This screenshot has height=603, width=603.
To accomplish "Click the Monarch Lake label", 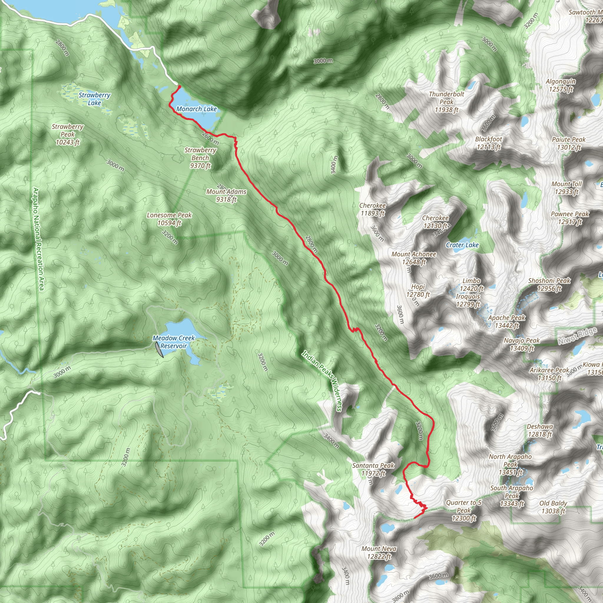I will pos(196,109).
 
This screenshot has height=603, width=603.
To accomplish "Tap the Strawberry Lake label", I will pos(94,99).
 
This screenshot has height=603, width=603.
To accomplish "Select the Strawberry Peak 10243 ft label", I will pos(68,135).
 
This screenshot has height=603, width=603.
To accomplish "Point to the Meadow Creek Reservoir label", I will pos(173,342).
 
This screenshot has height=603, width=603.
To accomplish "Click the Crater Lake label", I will pos(462,245).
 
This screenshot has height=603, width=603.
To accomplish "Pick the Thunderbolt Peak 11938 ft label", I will pos(446,102).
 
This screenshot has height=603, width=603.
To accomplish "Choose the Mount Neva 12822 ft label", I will pos(379,552).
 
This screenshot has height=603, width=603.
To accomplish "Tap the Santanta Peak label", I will pos(373,466).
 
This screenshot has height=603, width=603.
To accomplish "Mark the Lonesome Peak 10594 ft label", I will pos(169,219).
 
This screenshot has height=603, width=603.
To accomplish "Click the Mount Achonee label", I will pos(414,255).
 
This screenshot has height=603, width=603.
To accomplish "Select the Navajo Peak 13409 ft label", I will pos(522,344).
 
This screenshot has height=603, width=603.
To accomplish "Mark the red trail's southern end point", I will pos(415,518).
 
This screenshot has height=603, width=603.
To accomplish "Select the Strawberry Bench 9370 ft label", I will pos(201,158).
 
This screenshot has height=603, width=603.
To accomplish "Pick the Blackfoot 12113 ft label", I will pos(488,143).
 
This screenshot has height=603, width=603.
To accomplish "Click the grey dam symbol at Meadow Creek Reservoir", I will pos(159,349).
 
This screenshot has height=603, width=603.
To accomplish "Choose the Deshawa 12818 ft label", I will pos(540,430).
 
